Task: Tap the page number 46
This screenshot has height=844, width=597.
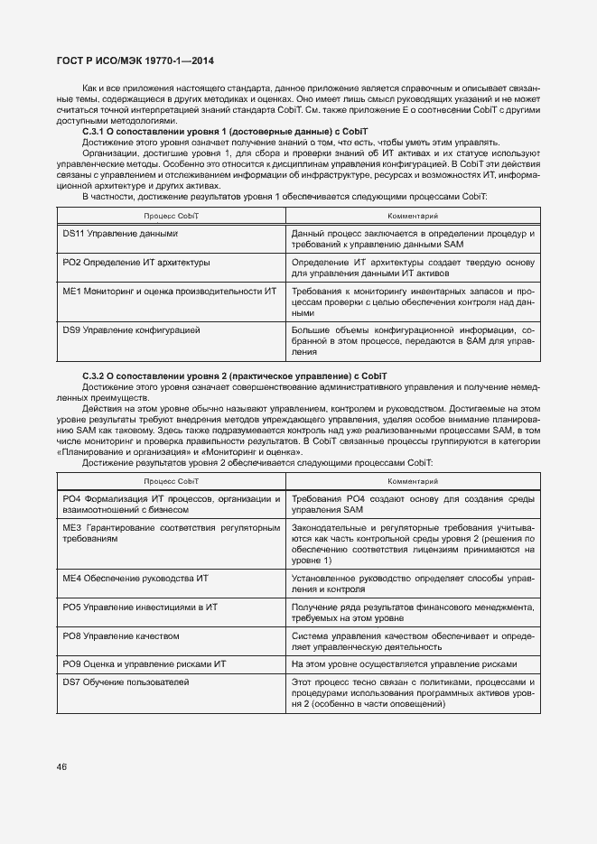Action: pos(61,766)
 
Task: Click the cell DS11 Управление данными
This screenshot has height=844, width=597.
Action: pos(119,234)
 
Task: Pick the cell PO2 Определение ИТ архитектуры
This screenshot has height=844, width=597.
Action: pos(136,263)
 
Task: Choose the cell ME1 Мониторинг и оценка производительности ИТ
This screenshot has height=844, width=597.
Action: pos(169,292)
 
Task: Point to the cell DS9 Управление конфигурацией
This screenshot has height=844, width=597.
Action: pos(131,329)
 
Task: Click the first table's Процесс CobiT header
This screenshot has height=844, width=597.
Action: pos(171,216)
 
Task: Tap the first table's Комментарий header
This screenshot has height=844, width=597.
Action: pos(412,216)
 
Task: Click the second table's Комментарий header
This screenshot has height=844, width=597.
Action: pos(412,481)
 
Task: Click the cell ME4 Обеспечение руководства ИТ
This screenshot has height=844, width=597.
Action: pos(135,577)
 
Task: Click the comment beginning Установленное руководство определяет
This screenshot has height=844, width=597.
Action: pos(412,582)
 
